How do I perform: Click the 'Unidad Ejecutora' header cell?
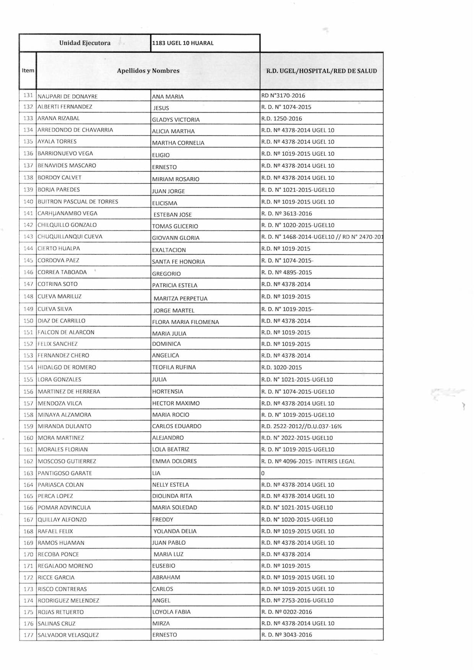tap(84, 43)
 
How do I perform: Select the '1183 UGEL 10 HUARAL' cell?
tap(183, 43)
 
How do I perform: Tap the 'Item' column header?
tap(28, 70)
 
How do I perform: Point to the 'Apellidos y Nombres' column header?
tap(148, 71)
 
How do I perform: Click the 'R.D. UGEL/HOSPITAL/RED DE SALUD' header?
tap(321, 71)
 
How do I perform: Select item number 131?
tap(28, 96)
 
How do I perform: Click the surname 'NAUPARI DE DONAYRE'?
tap(68, 96)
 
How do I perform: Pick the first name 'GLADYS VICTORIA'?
tap(176, 120)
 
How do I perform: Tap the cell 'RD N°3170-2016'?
tap(283, 96)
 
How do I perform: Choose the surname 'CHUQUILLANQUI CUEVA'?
tap(70, 236)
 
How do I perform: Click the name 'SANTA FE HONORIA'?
tap(179, 262)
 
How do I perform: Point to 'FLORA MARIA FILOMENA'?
tap(185, 322)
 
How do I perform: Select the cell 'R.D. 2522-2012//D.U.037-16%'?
tap(302, 426)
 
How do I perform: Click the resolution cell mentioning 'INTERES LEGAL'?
tap(308, 461)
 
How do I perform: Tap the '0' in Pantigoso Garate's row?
tap(263, 473)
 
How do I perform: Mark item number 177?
tap(28, 635)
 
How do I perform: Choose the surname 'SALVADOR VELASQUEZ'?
tap(68, 635)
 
